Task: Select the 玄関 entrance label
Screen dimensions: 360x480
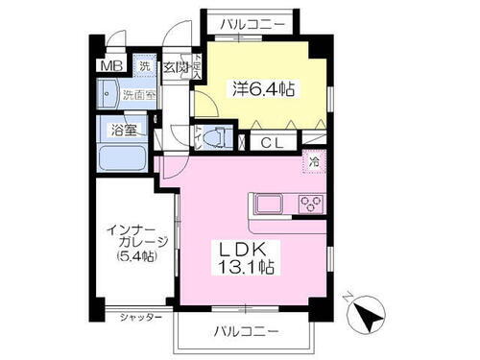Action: click(x=175, y=68)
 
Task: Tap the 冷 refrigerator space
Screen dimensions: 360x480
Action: click(x=313, y=163)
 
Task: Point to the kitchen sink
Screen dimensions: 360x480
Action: click(x=268, y=204)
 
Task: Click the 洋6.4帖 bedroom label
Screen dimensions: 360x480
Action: click(x=261, y=88)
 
